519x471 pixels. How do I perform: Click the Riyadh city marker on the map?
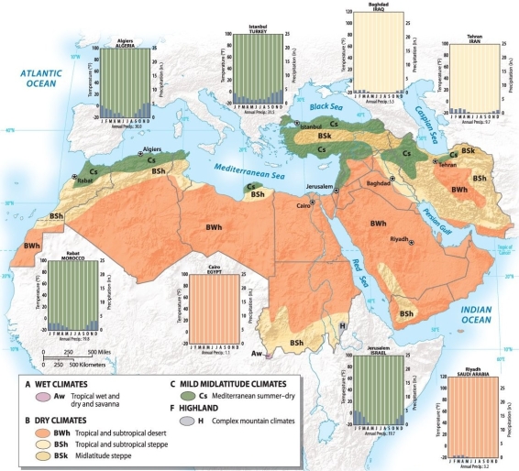[x=412, y=241]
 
